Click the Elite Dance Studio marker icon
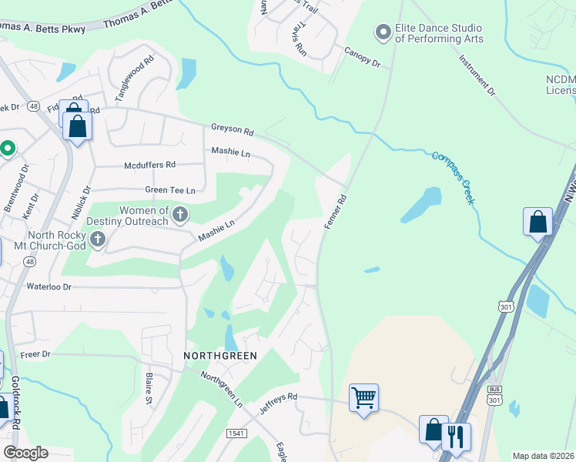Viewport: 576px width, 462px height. pyautogui.click(x=383, y=32)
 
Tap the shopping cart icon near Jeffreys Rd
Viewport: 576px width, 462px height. pyautogui.click(x=363, y=398)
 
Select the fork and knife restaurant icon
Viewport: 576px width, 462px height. pyautogui.click(x=456, y=437)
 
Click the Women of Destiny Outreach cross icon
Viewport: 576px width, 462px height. pyautogui.click(x=180, y=215)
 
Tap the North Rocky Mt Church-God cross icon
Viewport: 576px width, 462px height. pyautogui.click(x=97, y=240)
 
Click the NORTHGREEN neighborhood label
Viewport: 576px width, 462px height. pyautogui.click(x=219, y=355)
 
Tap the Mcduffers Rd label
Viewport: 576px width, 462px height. pyautogui.click(x=150, y=165)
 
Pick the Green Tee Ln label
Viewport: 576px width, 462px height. pyautogui.click(x=170, y=189)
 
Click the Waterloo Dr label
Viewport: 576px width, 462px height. pyautogui.click(x=49, y=286)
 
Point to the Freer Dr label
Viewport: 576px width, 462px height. pyautogui.click(x=35, y=355)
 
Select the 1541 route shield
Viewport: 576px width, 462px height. pyautogui.click(x=236, y=434)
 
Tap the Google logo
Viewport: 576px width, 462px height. pyautogui.click(x=25, y=453)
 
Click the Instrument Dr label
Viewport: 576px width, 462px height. pyautogui.click(x=477, y=76)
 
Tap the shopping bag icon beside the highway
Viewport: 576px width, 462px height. pyautogui.click(x=537, y=221)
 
